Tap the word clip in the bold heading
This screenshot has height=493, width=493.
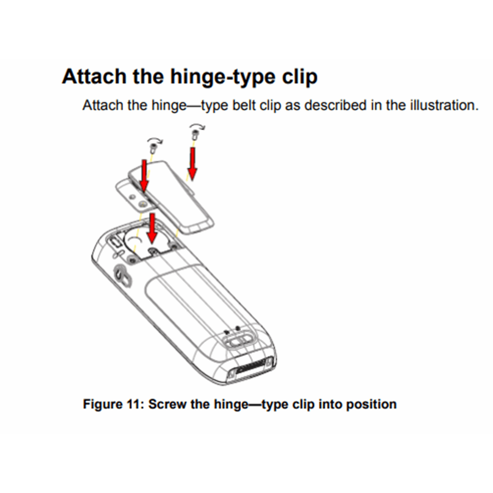coord(300,77)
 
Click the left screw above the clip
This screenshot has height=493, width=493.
coord(153,148)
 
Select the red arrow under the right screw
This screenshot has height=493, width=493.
coord(192,164)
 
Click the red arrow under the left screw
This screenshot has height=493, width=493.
coord(144,176)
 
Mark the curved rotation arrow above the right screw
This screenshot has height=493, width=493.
coord(197,126)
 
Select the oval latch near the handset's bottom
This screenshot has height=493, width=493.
coord(238,341)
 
